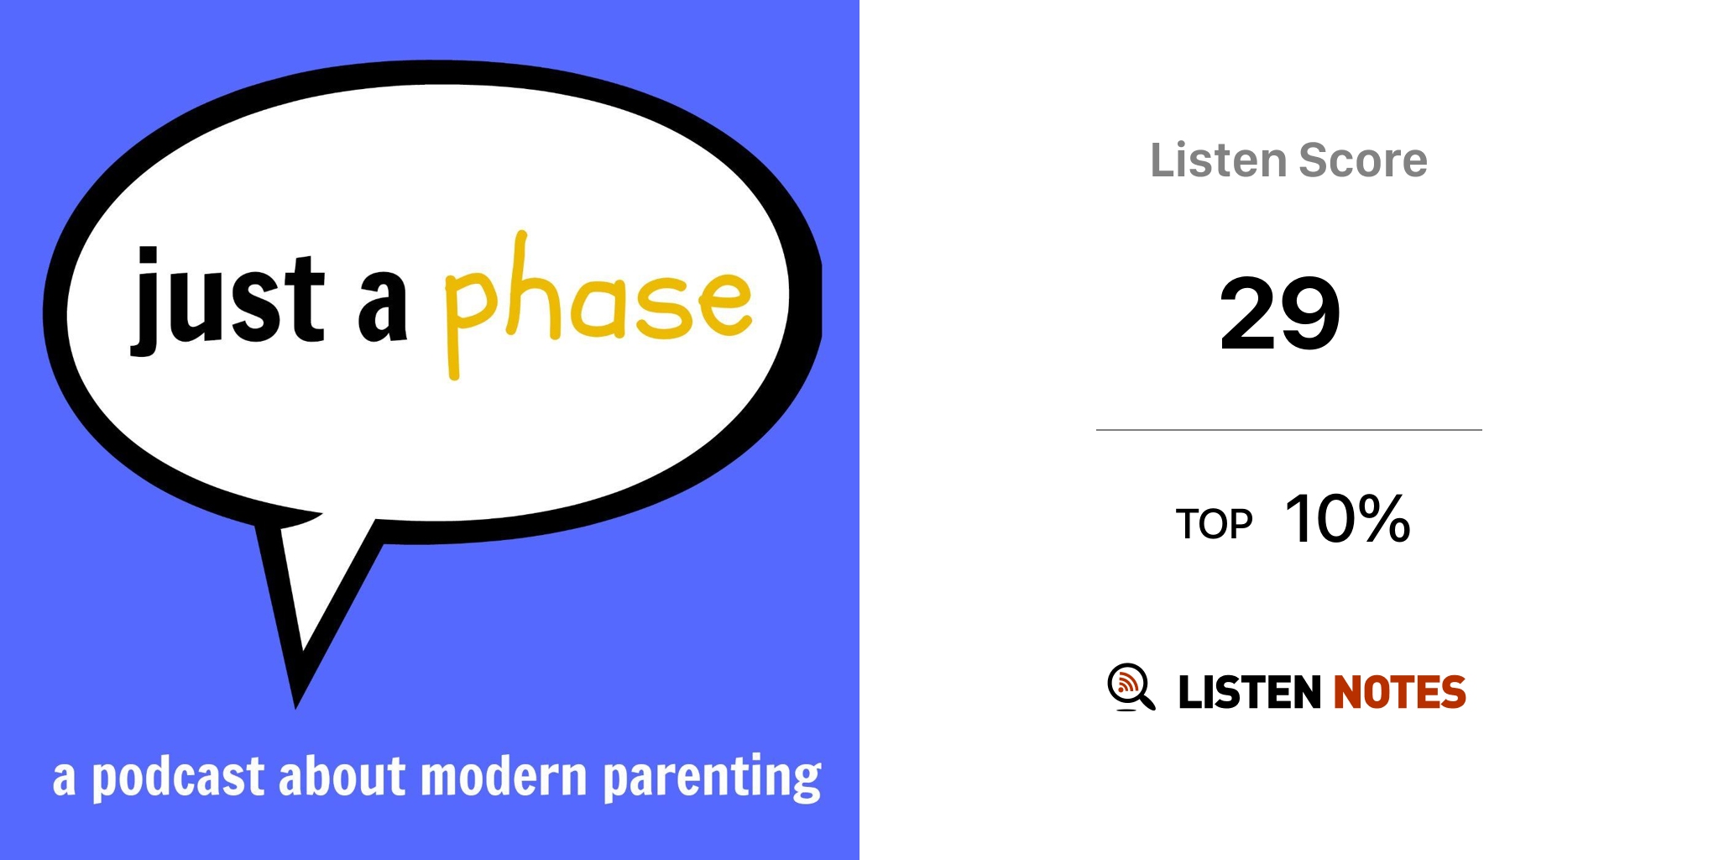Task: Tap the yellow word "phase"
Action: (598, 304)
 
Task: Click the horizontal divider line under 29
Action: (1289, 430)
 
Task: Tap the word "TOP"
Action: (1214, 524)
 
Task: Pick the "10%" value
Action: (1348, 519)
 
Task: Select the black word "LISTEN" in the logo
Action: (1250, 692)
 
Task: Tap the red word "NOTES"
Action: (1400, 692)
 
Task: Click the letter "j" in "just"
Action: (145, 301)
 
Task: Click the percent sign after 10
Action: (1384, 519)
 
